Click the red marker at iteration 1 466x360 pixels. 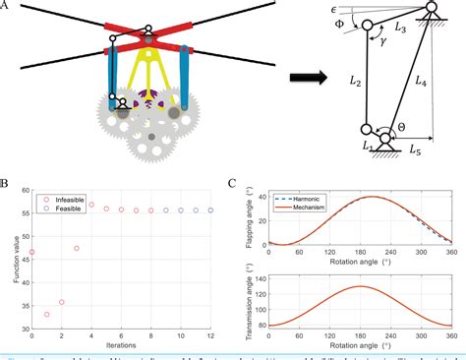(x=46, y=315)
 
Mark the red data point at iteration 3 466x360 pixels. (x=77, y=248)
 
